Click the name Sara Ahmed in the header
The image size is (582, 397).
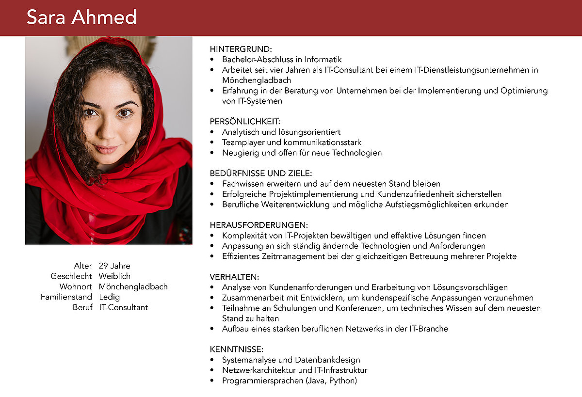[x=81, y=17]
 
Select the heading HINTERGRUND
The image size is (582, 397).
[x=241, y=49]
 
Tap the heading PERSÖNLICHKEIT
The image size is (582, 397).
[x=245, y=121]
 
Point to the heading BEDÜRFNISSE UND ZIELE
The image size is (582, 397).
[x=261, y=173]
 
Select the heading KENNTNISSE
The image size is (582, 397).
[x=237, y=349]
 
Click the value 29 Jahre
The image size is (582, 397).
[x=114, y=266]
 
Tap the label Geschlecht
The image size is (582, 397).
[x=71, y=276]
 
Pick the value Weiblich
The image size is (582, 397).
[x=114, y=276]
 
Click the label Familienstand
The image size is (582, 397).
[x=66, y=297]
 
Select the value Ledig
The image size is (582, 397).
[x=109, y=297]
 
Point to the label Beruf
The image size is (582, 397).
[x=82, y=307]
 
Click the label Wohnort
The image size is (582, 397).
[x=76, y=286]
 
